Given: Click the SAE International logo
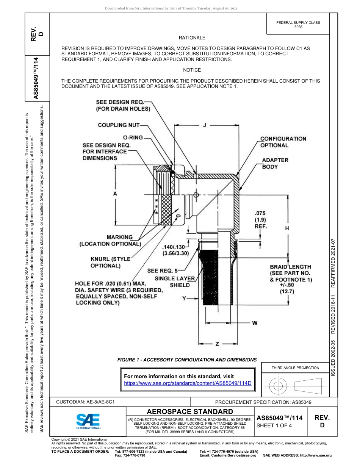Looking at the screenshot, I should (88, 420).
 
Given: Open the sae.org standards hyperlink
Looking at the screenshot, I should (188, 383).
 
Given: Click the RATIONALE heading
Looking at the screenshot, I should (192, 38).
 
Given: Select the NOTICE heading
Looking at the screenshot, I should (192, 70).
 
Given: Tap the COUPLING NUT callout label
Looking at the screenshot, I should (119, 125).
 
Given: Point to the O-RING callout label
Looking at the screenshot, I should (133, 138).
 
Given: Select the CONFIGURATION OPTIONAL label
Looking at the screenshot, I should (283, 142).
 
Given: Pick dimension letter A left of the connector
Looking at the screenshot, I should (115, 194).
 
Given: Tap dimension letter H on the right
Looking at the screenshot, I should (287, 228).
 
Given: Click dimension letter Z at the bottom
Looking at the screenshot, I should (217, 344).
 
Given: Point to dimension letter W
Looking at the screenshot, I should (255, 323).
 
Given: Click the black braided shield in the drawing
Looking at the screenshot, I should (208, 280).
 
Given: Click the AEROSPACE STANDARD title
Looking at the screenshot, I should (189, 411).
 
